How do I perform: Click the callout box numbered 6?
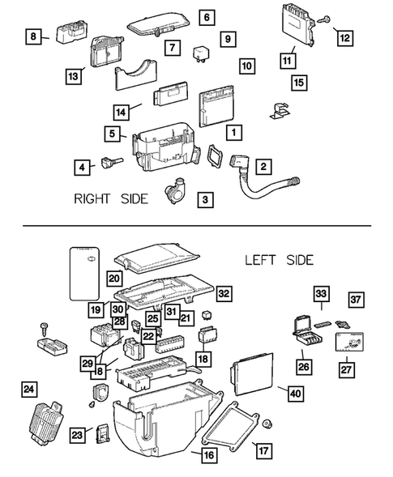click(x=207, y=17)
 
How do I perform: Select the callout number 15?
click(x=299, y=83)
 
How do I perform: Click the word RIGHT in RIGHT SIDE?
click(x=92, y=199)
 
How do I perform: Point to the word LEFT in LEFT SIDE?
click(x=260, y=261)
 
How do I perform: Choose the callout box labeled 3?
click(x=205, y=200)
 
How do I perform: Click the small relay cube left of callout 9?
click(x=201, y=53)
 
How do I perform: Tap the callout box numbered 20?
click(x=114, y=279)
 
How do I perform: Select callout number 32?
click(x=224, y=293)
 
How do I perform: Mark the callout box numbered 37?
click(x=356, y=300)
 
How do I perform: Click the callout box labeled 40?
click(x=295, y=394)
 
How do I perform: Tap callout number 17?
click(x=263, y=450)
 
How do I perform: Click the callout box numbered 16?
click(x=209, y=455)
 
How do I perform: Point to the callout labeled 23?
click(x=77, y=436)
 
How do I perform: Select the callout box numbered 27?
click(x=346, y=370)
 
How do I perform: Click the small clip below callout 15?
click(x=280, y=111)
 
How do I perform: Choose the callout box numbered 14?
click(x=121, y=113)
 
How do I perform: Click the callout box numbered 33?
click(x=321, y=294)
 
